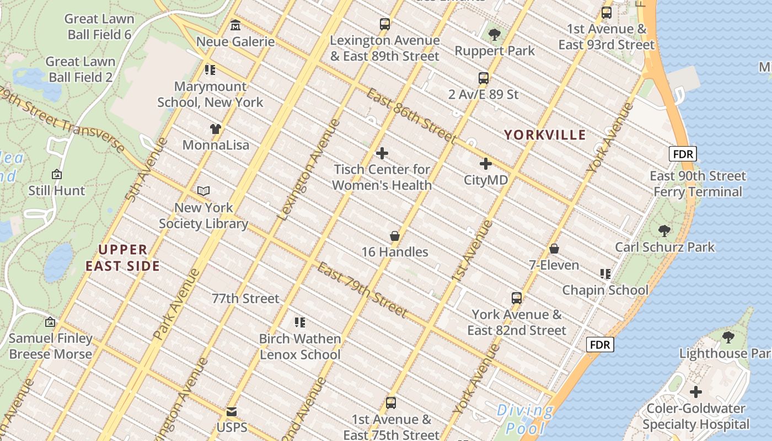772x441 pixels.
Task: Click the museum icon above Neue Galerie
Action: click(235, 25)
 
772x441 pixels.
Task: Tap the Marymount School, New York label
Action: click(210, 94)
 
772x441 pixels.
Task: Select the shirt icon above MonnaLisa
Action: click(216, 129)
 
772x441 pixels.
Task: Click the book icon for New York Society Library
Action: click(203, 191)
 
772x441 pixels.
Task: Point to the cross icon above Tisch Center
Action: click(382, 153)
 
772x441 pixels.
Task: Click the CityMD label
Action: click(485, 180)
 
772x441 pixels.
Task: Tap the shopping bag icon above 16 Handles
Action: click(395, 236)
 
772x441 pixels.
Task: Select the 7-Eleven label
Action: click(554, 265)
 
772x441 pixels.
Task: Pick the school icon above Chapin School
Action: click(605, 274)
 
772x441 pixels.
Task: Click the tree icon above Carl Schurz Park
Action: click(664, 230)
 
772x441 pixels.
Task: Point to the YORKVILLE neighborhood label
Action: click(544, 135)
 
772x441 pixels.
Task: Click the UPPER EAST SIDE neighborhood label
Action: click(123, 258)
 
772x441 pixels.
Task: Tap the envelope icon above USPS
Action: click(232, 412)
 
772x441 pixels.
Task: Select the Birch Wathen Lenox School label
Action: click(300, 347)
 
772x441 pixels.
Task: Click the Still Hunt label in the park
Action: click(57, 191)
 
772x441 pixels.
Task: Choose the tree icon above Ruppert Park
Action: click(495, 35)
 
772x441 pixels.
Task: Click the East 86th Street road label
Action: click(411, 116)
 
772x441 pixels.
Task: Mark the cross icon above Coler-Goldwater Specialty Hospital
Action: click(696, 392)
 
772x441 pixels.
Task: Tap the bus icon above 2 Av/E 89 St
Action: click(484, 78)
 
